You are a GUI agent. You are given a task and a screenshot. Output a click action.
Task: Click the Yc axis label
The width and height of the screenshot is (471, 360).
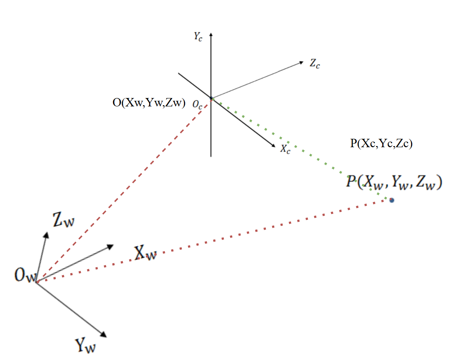[x=198, y=37]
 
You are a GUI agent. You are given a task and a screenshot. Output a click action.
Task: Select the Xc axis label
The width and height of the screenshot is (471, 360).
[x=285, y=149]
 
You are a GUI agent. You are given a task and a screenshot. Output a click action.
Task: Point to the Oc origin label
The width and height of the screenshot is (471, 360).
[x=197, y=105]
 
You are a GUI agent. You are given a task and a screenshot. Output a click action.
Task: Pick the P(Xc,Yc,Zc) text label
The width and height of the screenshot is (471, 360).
[x=381, y=144]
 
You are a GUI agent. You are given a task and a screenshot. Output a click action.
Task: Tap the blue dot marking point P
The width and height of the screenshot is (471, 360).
[x=391, y=200]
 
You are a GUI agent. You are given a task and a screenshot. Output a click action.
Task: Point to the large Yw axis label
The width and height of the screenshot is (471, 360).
[x=85, y=345]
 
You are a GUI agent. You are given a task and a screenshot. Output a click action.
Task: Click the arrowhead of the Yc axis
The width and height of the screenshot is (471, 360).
[x=211, y=34]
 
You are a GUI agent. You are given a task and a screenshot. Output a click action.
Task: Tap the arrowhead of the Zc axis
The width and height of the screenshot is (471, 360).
[x=302, y=62]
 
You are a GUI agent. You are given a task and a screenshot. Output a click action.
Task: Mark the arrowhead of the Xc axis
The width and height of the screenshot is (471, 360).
[x=273, y=145]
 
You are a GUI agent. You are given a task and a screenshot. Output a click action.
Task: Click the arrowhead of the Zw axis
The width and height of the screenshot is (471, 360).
[x=46, y=234]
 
